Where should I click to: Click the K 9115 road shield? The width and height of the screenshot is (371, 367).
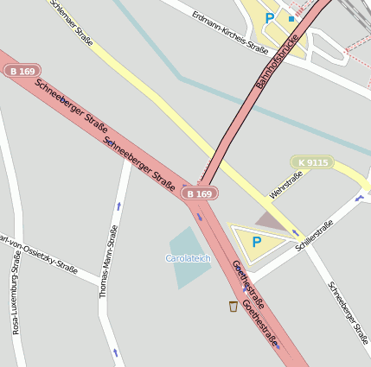coord(312,162)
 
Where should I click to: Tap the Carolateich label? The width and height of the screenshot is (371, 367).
coord(188,258)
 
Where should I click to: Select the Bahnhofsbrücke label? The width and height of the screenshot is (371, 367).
coord(279,60)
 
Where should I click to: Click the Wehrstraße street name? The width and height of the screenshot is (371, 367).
coord(285,185)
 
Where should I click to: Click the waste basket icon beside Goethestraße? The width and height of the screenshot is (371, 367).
coord(233,306)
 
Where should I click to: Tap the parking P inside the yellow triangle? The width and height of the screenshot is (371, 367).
coord(256,243)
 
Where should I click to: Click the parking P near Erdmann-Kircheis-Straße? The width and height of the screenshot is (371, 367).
coord(270,17)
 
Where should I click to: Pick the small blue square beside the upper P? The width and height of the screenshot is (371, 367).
coord(291,18)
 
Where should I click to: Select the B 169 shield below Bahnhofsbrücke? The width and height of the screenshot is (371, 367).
coord(198,194)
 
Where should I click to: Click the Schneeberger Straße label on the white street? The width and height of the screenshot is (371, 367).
coord(344,315)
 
